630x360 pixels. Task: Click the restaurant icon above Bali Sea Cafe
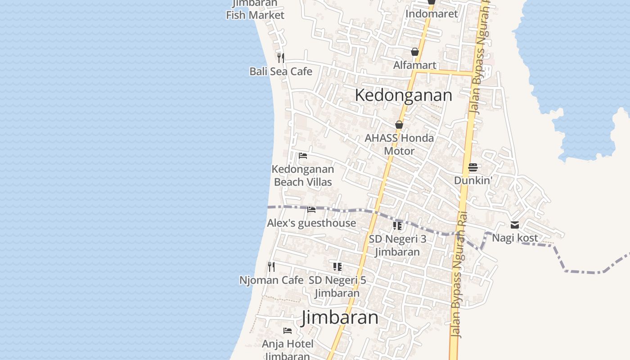(x=281, y=58)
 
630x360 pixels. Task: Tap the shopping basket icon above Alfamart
(x=415, y=52)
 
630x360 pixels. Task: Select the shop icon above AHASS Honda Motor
(x=399, y=125)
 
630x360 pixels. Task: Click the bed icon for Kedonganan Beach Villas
(x=303, y=156)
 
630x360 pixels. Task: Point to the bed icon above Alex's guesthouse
(x=311, y=210)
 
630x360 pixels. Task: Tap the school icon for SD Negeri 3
(x=397, y=225)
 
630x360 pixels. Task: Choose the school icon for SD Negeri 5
(x=337, y=266)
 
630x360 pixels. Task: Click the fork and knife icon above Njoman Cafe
(x=271, y=266)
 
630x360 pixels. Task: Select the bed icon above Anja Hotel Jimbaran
(x=288, y=331)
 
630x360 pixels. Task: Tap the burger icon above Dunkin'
(x=473, y=167)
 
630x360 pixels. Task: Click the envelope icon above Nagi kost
(x=515, y=225)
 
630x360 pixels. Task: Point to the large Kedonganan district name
(x=403, y=95)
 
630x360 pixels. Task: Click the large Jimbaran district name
(x=340, y=317)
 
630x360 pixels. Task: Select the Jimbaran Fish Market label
(x=255, y=9)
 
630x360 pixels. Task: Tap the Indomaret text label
(x=432, y=13)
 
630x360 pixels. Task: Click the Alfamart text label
(x=415, y=65)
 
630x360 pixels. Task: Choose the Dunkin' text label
(x=473, y=180)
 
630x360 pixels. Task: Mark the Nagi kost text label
(x=515, y=238)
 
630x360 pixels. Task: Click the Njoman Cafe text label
(x=271, y=280)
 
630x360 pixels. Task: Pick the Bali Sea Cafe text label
(x=281, y=71)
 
